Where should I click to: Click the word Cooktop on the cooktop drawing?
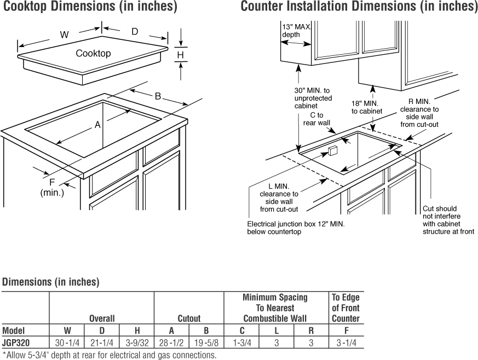93,53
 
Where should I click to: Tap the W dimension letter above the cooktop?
64,35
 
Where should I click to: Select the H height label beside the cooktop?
180,55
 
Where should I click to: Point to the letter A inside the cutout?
97,125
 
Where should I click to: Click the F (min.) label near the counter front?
53,187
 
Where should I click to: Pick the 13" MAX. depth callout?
296,31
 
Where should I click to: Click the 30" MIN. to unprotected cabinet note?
313,98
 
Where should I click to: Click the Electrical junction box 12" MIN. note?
296,228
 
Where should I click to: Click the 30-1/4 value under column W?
67,342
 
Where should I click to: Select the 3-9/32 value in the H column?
136,342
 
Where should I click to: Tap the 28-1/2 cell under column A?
171,342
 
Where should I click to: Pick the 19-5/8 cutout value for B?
206,342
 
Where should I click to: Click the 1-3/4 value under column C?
241,342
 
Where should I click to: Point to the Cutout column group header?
189,318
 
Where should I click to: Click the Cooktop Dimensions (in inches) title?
90,7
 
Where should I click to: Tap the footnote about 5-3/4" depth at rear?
110,355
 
